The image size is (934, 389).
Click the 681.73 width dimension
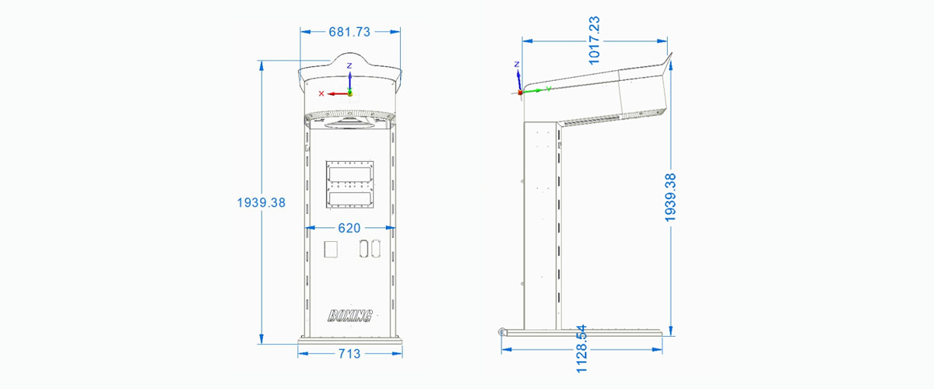349,32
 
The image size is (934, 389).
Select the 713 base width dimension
349,354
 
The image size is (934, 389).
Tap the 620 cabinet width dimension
349,228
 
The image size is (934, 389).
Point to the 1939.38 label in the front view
261,202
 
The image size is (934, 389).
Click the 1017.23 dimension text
594,40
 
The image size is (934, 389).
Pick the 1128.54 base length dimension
581,349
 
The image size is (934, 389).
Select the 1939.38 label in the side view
669,198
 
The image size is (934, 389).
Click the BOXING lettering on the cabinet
349,316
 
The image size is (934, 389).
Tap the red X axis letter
321,94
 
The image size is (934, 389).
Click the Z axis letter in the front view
349,66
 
